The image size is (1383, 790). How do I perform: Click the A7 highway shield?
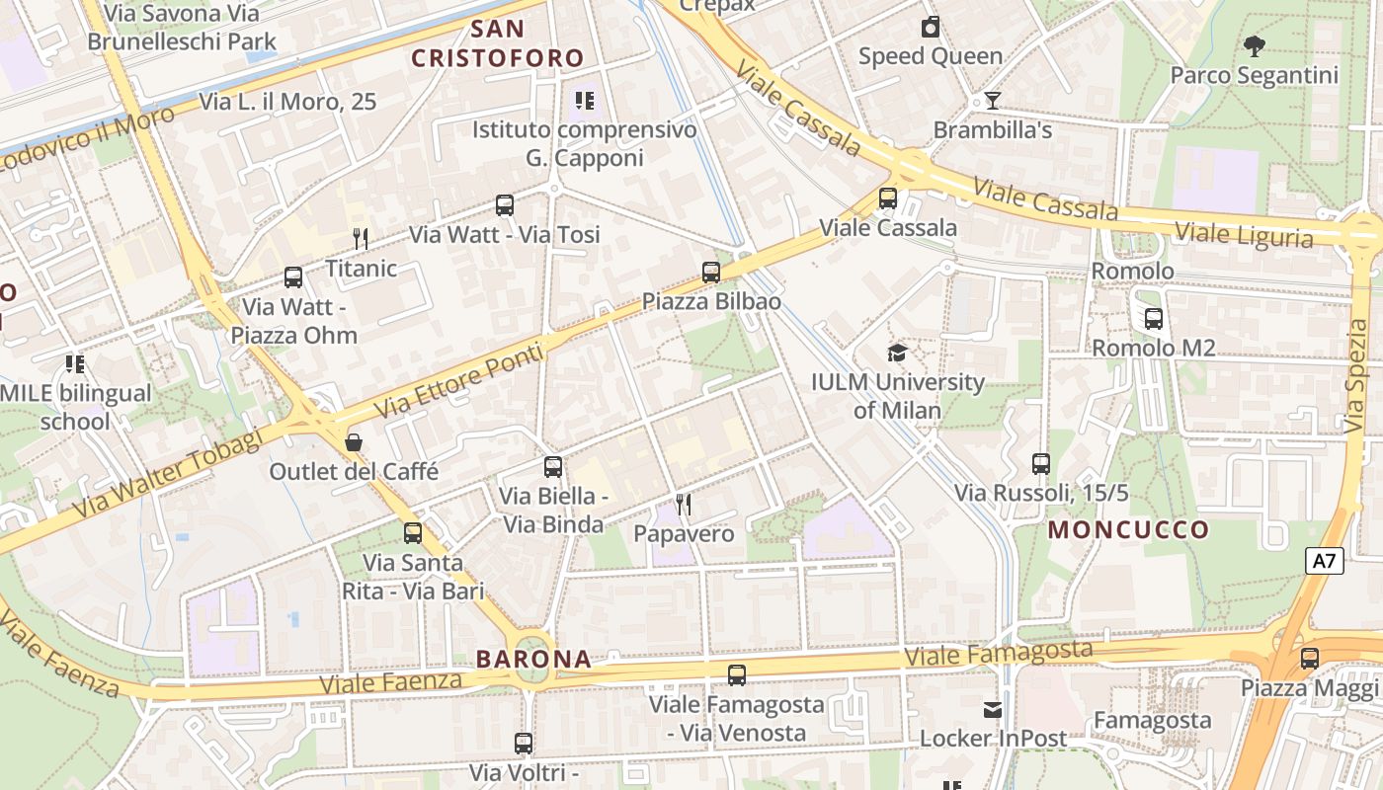click(x=1325, y=562)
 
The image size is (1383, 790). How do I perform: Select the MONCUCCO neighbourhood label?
click(x=1128, y=529)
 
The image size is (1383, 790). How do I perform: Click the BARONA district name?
click(x=533, y=659)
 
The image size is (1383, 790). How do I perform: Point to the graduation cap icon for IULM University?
click(x=897, y=353)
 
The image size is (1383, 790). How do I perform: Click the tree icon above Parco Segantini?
click(x=1254, y=45)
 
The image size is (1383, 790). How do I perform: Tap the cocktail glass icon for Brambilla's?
click(x=992, y=101)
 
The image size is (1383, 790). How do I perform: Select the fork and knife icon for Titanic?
click(x=361, y=238)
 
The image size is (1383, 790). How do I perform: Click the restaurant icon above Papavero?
click(x=683, y=505)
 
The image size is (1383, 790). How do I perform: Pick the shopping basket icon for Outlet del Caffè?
click(x=354, y=441)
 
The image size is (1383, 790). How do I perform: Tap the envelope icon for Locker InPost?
click(x=992, y=709)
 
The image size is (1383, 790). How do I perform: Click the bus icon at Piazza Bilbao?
click(x=710, y=272)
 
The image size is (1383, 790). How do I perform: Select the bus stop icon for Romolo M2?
click(x=1153, y=319)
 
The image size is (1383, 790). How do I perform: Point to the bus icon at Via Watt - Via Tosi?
click(x=505, y=205)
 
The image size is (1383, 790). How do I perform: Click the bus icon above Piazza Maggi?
click(x=1309, y=658)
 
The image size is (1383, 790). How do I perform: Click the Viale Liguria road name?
click(x=1244, y=235)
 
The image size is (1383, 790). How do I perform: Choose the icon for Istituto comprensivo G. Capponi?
click(x=584, y=100)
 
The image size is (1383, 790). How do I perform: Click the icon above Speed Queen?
click(x=930, y=27)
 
